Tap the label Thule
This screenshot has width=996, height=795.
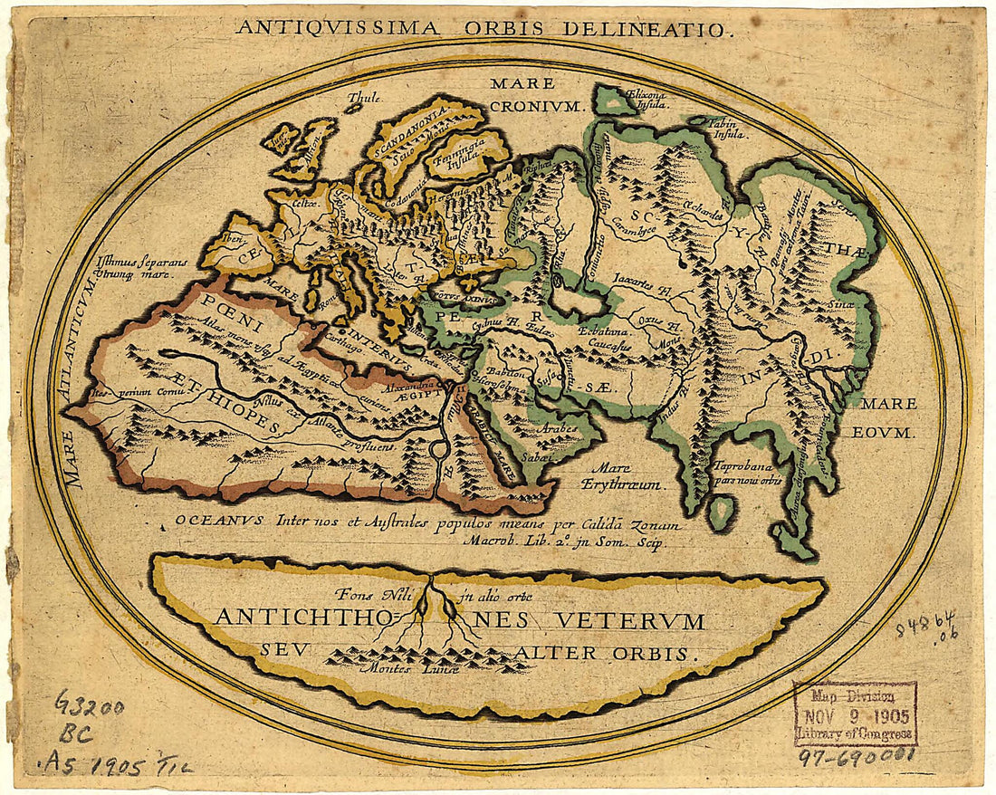click(365, 98)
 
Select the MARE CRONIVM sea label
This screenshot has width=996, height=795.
click(524, 94)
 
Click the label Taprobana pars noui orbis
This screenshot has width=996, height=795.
click(746, 474)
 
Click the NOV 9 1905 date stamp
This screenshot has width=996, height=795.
click(855, 714)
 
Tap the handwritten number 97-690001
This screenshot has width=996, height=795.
click(855, 753)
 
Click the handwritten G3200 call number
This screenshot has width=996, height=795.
click(90, 703)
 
